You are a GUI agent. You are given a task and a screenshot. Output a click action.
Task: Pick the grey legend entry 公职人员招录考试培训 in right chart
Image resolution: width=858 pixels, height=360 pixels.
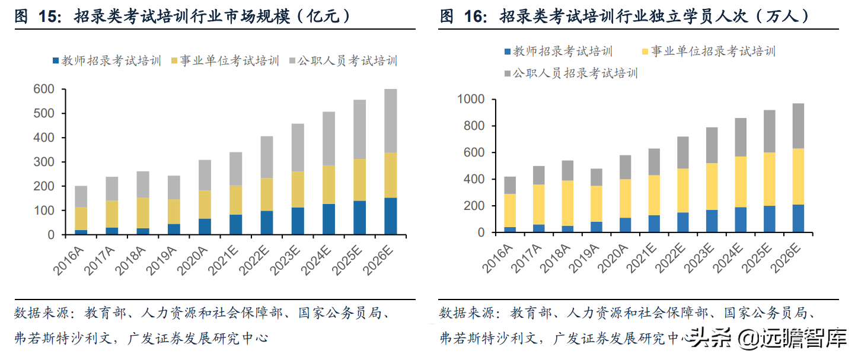[569, 74]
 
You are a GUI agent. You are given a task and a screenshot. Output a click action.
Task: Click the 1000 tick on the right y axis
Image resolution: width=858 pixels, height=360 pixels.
[471, 99]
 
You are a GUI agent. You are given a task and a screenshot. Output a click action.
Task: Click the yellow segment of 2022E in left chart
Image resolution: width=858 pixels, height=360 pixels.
[267, 194]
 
